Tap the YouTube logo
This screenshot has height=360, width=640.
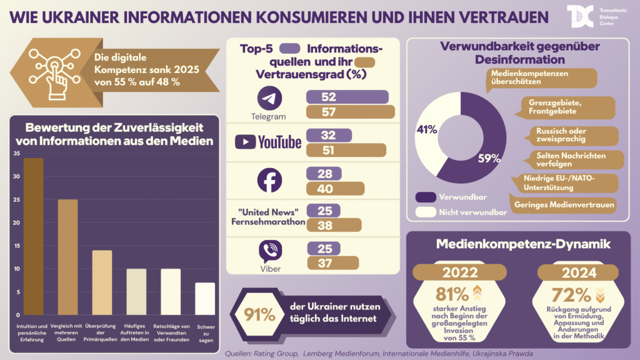(268, 142)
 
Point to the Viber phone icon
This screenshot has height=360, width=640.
(271, 252)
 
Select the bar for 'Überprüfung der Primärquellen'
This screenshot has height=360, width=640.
(102, 282)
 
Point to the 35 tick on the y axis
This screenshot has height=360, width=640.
(17, 154)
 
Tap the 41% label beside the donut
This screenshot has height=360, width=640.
(426, 129)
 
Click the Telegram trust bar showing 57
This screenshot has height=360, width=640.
(350, 112)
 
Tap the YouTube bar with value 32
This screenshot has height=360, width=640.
(329, 136)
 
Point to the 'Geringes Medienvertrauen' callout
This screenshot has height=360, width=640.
(563, 204)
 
